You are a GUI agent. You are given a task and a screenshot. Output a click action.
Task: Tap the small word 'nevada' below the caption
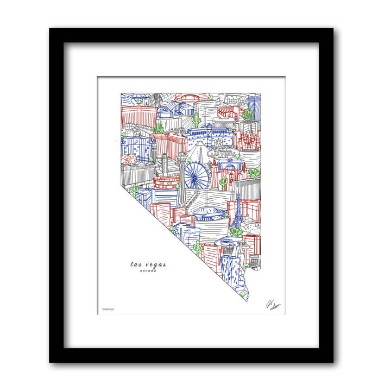pos(148,270)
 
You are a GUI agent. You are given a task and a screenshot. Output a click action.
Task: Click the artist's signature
pos(270,305)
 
